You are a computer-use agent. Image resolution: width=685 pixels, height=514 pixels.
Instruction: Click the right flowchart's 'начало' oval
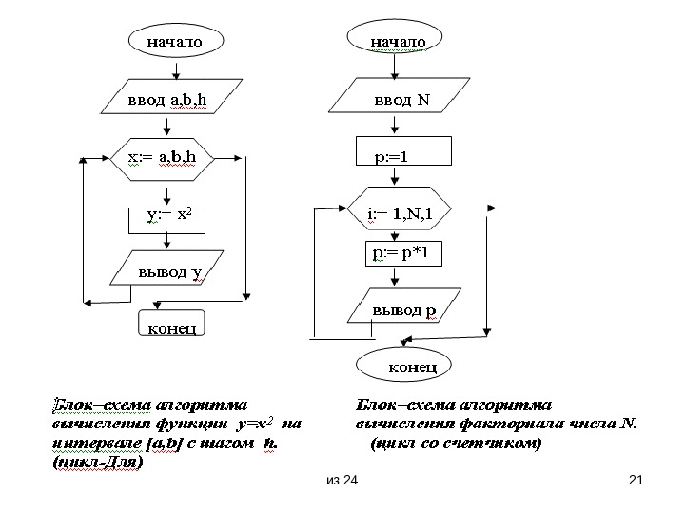tap(398, 42)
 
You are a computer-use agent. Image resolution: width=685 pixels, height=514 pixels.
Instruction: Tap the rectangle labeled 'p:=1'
tap(401, 154)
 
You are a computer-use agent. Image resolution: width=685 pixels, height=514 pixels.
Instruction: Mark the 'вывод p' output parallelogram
tap(403, 309)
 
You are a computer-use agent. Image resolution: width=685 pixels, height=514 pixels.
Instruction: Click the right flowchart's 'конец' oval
tap(404, 364)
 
